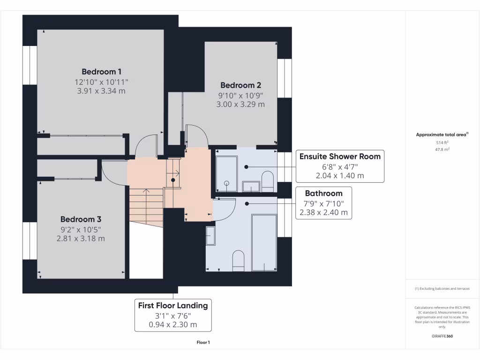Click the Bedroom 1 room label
coord(101,72)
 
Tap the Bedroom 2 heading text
coord(240,85)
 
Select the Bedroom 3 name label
coord(81,219)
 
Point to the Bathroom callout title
coord(323,193)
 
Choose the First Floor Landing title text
coord(172,306)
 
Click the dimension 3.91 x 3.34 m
coord(101,91)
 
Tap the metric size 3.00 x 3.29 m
coord(240,105)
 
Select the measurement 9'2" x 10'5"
coord(81,229)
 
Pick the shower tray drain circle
coord(226,183)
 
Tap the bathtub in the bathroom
coord(264,242)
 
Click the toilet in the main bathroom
coord(238,260)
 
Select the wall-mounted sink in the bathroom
coord(210,235)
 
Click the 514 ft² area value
coord(442,142)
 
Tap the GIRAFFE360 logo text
coord(442,336)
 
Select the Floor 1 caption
coord(203,343)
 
